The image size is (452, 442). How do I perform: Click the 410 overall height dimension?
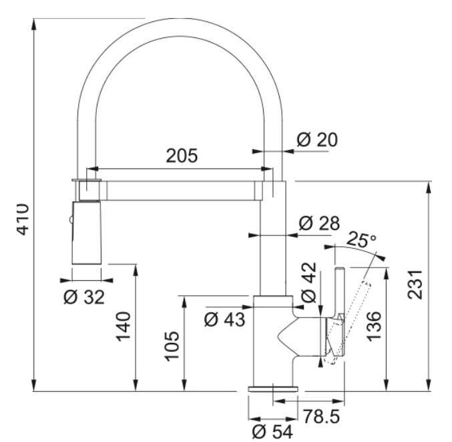point(23,220)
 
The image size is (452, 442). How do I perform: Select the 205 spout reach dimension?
point(182,156)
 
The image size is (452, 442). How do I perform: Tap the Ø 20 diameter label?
point(317,140)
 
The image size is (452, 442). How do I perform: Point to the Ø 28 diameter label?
point(319,223)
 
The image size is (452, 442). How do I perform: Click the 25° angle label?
point(361,239)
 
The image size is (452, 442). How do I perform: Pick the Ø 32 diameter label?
point(84,297)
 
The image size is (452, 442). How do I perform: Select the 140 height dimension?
point(124,326)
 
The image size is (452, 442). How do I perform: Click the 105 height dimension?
point(172,346)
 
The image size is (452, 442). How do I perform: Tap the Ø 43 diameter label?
point(224,320)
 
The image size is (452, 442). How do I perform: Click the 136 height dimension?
point(374,326)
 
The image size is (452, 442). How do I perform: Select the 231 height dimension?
point(415,285)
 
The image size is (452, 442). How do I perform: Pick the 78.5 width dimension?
point(322,417)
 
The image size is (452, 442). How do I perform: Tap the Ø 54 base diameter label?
point(272,432)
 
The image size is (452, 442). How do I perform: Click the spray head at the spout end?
point(86,233)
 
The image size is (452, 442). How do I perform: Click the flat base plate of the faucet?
point(272,389)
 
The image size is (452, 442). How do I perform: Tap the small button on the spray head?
point(70,220)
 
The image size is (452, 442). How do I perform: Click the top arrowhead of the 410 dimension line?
point(34,24)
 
